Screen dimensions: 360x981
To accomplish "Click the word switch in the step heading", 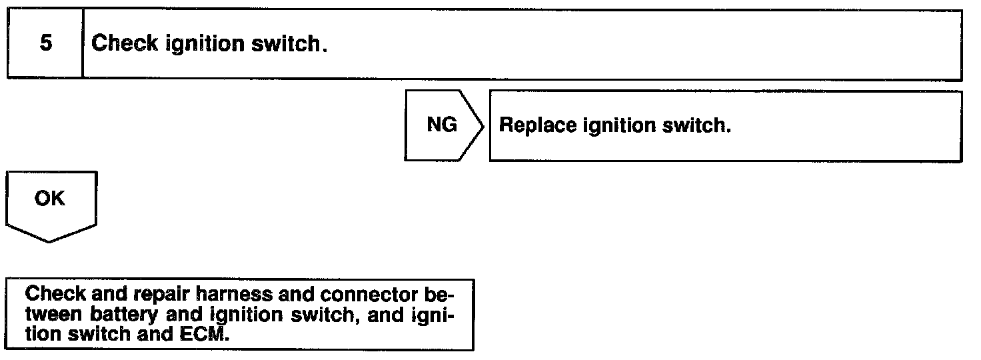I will pos(290,45).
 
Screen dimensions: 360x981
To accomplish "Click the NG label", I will pos(442,125).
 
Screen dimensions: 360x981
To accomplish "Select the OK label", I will pos(50,199).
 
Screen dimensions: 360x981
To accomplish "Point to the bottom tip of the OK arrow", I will pos(50,241).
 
